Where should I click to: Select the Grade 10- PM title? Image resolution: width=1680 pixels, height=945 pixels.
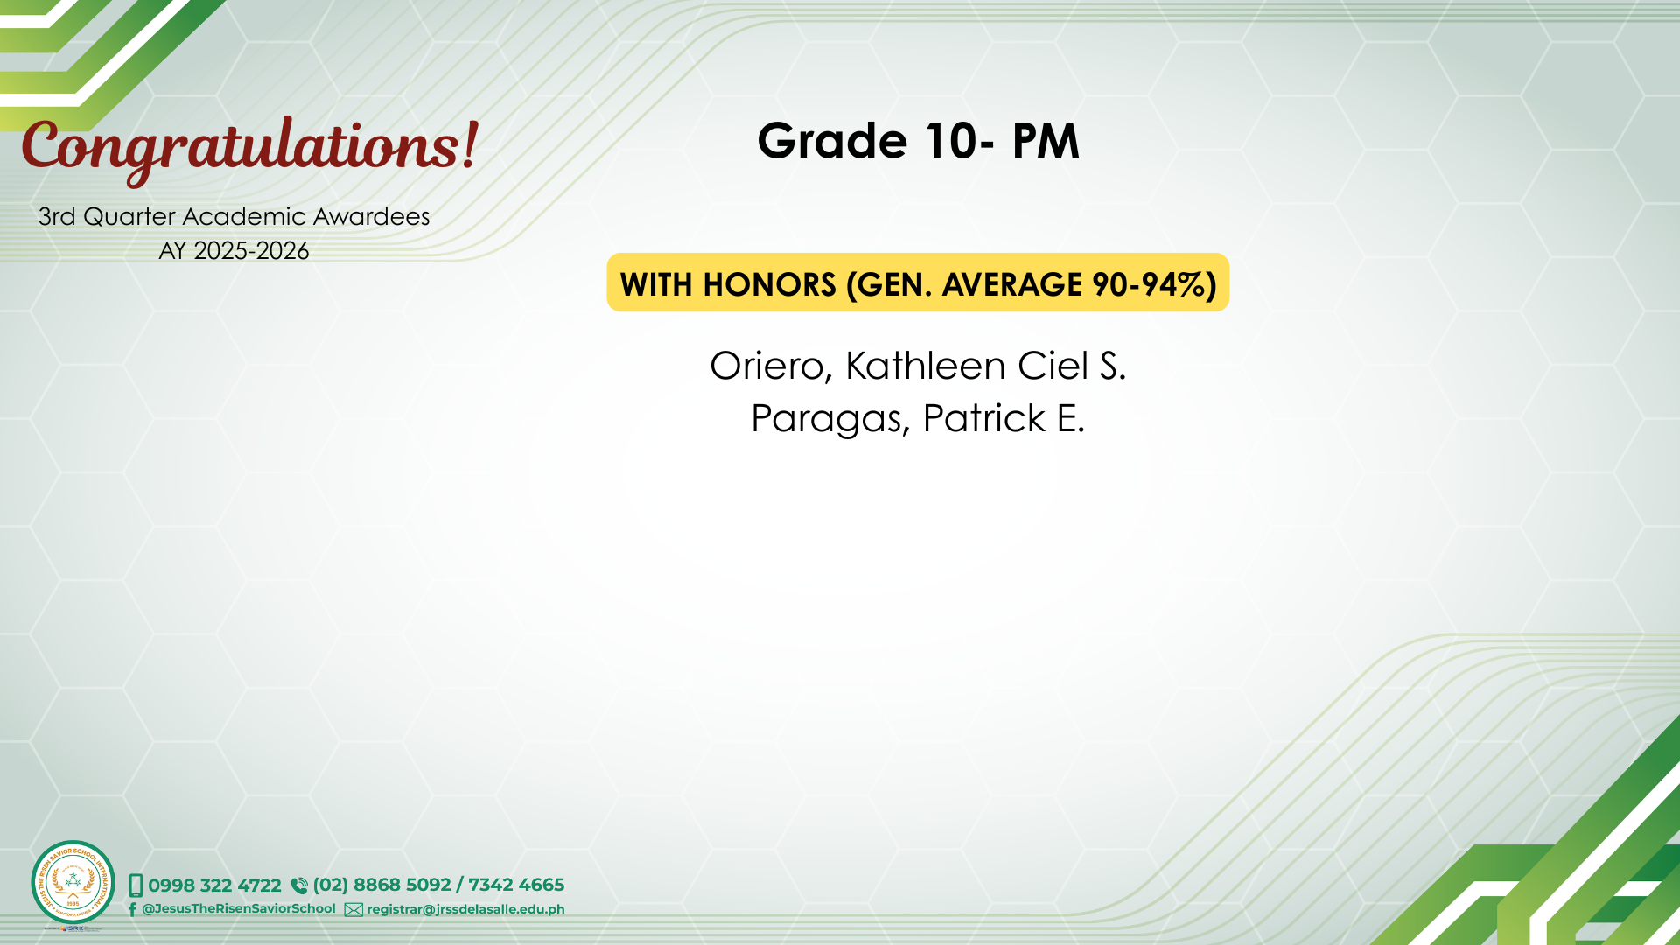pyautogui.click(x=919, y=140)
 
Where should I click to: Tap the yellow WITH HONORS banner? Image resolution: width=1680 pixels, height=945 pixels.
pyautogui.click(x=918, y=283)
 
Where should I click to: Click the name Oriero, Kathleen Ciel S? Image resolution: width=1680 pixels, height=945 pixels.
pyautogui.click(x=918, y=366)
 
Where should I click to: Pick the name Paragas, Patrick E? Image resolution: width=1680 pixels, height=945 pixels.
pyautogui.click(x=918, y=418)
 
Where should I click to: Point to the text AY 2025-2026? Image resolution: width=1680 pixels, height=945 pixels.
pyautogui.click(x=234, y=251)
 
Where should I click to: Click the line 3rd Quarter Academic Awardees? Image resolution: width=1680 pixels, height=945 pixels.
pyautogui.click(x=234, y=216)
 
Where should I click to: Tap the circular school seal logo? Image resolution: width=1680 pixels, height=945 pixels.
pyautogui.click(x=73, y=883)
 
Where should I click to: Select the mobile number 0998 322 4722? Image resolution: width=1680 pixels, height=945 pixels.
pyautogui.click(x=214, y=885)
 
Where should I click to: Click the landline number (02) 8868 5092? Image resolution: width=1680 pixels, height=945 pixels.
pyautogui.click(x=381, y=885)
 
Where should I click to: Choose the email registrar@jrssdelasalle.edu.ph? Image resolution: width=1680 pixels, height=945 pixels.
pyautogui.click(x=465, y=909)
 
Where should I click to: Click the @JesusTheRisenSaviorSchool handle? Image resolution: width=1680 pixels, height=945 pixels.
pyautogui.click(x=239, y=908)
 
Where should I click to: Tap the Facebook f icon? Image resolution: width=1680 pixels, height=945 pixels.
pyautogui.click(x=132, y=909)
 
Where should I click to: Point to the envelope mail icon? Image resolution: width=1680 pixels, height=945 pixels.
pyautogui.click(x=353, y=910)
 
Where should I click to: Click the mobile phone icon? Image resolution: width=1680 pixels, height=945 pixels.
pyautogui.click(x=136, y=885)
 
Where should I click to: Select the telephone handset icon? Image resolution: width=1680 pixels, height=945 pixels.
pyautogui.click(x=299, y=885)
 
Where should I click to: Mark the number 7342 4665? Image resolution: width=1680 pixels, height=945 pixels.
pyautogui.click(x=516, y=885)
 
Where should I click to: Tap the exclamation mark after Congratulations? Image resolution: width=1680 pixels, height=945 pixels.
pyautogui.click(x=471, y=146)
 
